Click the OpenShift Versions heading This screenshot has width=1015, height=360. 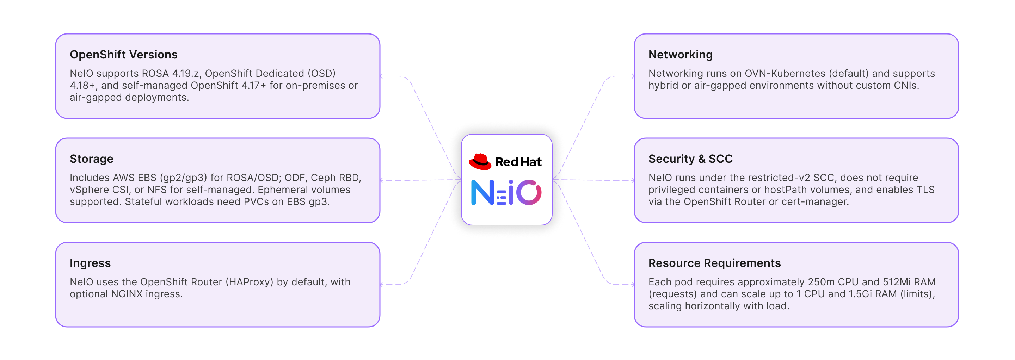click(x=123, y=55)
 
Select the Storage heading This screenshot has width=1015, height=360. click(x=91, y=159)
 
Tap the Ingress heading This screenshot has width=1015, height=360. click(x=90, y=263)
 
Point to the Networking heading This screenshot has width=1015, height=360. click(x=681, y=55)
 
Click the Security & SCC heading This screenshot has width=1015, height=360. click(x=690, y=159)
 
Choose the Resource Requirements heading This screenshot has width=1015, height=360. click(x=714, y=263)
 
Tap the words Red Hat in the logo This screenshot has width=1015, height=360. click(x=518, y=162)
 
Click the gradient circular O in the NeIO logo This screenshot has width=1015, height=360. click(x=528, y=193)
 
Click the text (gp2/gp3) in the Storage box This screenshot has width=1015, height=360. click(x=183, y=178)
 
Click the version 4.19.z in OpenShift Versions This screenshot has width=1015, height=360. click(x=186, y=74)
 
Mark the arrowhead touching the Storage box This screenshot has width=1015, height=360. click(x=382, y=180)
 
